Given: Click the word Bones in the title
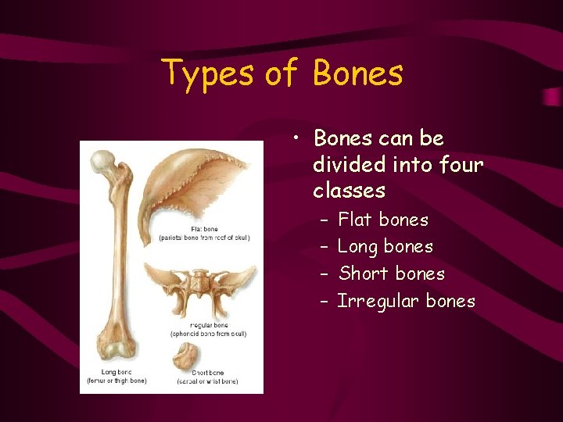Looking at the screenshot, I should [x=357, y=73].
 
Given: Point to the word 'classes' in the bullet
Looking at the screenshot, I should [x=349, y=191].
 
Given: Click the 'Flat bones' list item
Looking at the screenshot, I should [x=382, y=220].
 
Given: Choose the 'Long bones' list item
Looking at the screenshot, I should [x=385, y=247].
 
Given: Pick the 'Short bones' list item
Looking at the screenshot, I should [x=391, y=274].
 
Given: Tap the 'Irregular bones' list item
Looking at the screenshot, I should [x=406, y=301].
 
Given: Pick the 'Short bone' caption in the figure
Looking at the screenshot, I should [x=207, y=373].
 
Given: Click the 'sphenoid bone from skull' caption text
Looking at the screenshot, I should [x=208, y=334].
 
